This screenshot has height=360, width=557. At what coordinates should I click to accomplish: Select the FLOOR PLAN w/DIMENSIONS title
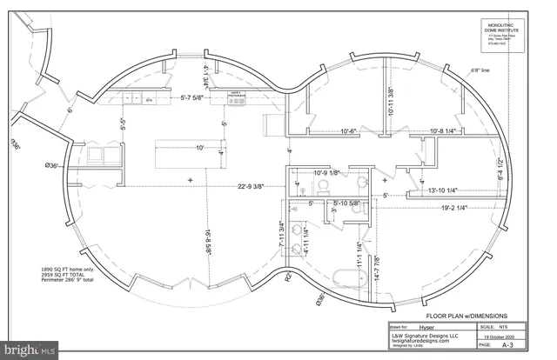click(x=466, y=316)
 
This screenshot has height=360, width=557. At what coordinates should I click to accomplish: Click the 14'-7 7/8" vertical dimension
click(x=375, y=266)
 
